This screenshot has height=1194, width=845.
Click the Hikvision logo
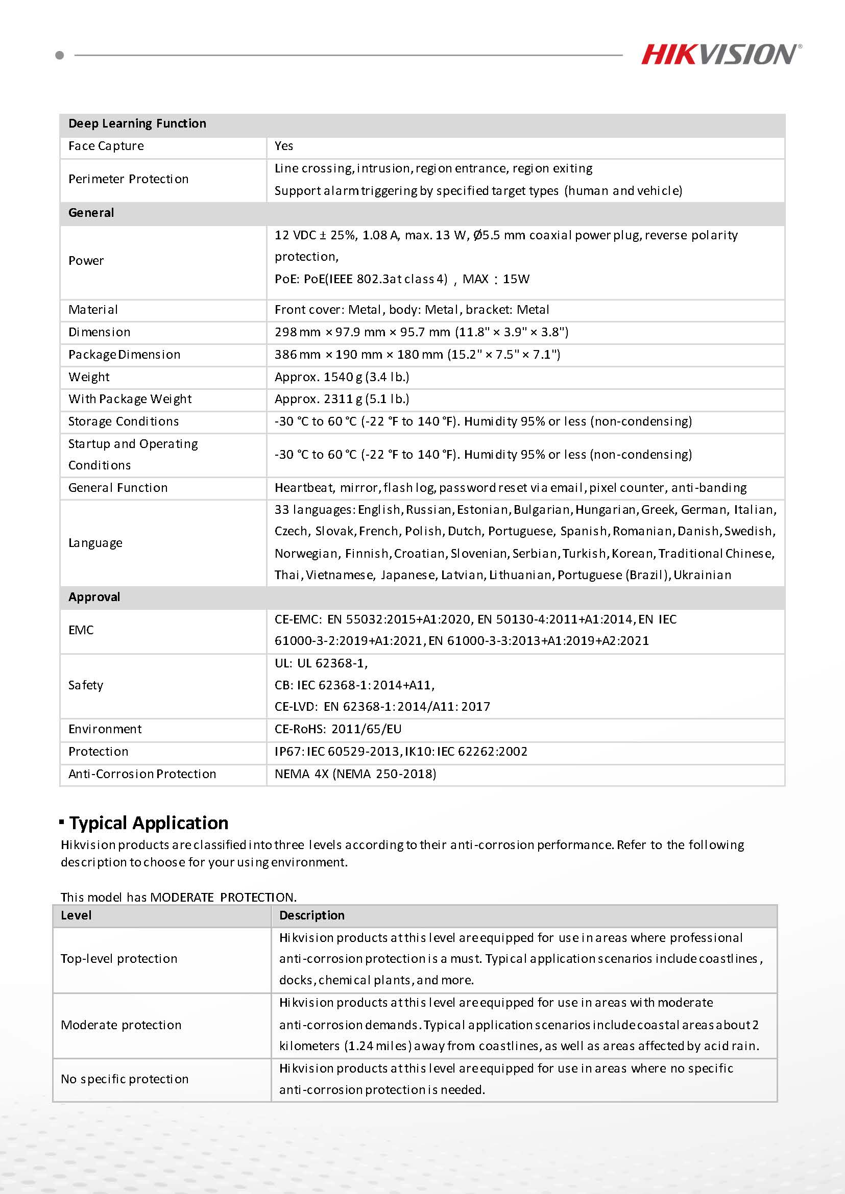pos(720,54)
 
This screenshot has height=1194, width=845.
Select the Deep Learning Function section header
pos(137,124)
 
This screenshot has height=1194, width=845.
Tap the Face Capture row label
pos(106,146)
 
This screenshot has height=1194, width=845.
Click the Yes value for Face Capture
pos(284,146)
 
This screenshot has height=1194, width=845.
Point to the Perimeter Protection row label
pos(129,180)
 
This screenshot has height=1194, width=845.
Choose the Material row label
pos(93,310)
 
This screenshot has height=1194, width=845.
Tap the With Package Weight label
pos(130,400)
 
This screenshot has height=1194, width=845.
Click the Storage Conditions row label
pos(124,422)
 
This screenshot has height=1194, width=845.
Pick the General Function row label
pos(118,488)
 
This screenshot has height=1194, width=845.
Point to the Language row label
pos(95,543)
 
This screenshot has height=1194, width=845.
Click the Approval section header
pos(94,597)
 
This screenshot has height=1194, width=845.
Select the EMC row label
pos(81,630)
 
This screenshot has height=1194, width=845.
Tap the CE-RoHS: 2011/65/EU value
pos(338,729)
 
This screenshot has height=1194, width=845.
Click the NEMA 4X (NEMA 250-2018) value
pos(355,774)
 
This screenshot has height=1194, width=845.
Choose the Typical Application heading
pos(149,823)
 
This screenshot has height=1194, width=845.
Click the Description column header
pos(311,915)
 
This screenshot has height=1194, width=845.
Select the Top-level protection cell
pos(119,959)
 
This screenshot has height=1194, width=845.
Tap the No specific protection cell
pos(125,1079)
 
